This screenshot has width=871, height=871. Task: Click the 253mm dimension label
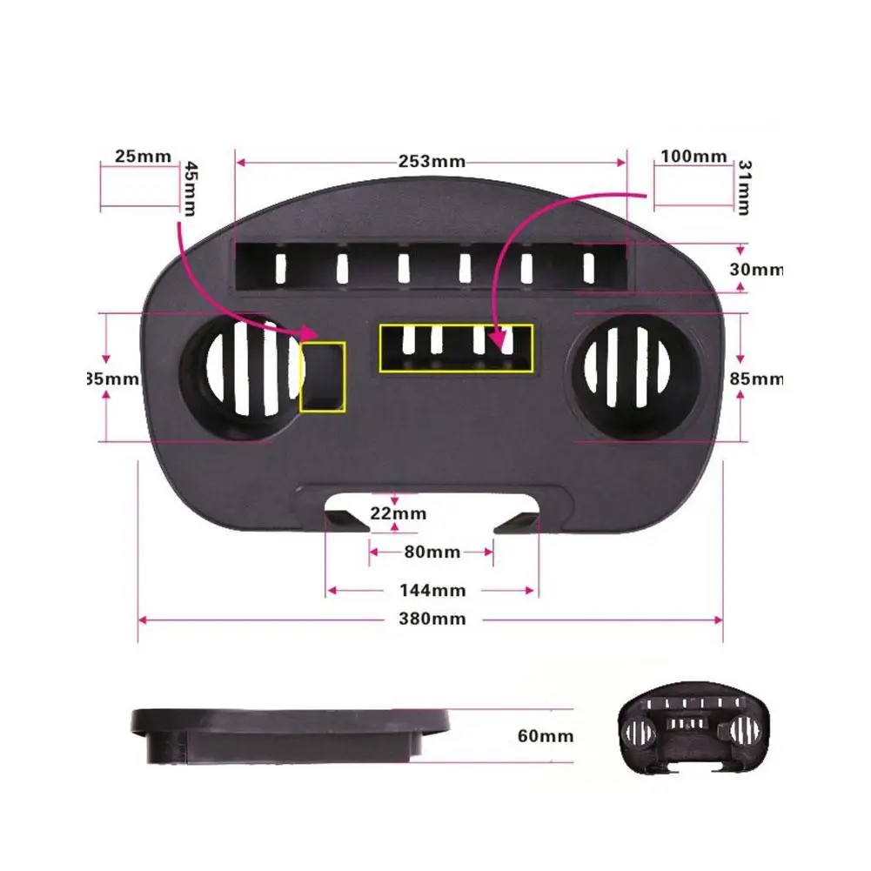click(432, 161)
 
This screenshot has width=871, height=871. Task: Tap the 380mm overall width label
click(432, 620)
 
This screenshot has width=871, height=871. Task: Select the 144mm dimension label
click(432, 591)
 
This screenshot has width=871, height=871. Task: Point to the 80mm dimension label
click(432, 552)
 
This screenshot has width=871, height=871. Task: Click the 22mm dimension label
click(399, 513)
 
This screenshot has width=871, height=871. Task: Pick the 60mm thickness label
click(546, 736)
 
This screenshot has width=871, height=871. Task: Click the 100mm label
click(693, 157)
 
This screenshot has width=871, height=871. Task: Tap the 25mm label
click(143, 157)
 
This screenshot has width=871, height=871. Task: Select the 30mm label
click(756, 270)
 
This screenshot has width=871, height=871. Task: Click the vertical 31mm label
click(745, 186)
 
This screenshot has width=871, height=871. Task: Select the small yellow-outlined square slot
click(323, 377)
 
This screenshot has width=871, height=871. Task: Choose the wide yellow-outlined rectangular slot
click(456, 348)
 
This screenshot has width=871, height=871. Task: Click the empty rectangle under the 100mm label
click(693, 188)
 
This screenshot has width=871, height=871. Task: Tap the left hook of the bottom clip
click(345, 520)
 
